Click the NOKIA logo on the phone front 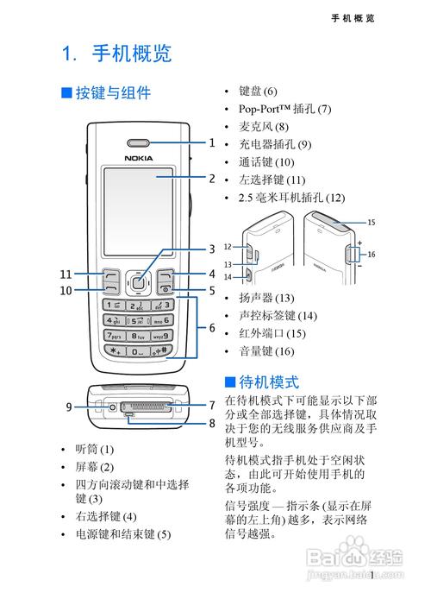(139, 157)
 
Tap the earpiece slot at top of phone (139, 143)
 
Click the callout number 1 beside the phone (211, 143)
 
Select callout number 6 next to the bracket (211, 328)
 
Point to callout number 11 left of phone (66, 274)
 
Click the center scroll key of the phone (138, 279)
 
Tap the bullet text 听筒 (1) (94, 449)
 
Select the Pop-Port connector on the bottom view (144, 406)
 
